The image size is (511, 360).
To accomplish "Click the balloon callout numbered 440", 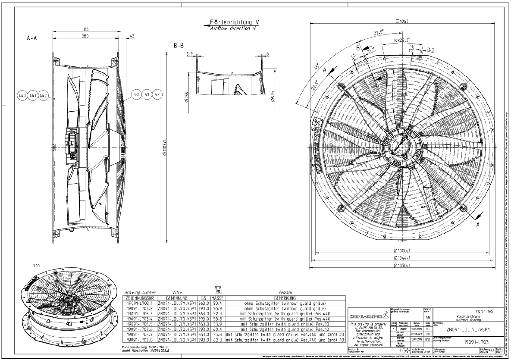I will pos(22,94).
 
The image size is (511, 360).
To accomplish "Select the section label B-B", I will pos(179,45).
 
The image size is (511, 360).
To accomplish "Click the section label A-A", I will pos(31,38).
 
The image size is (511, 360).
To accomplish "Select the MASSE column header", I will pos(216,298).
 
